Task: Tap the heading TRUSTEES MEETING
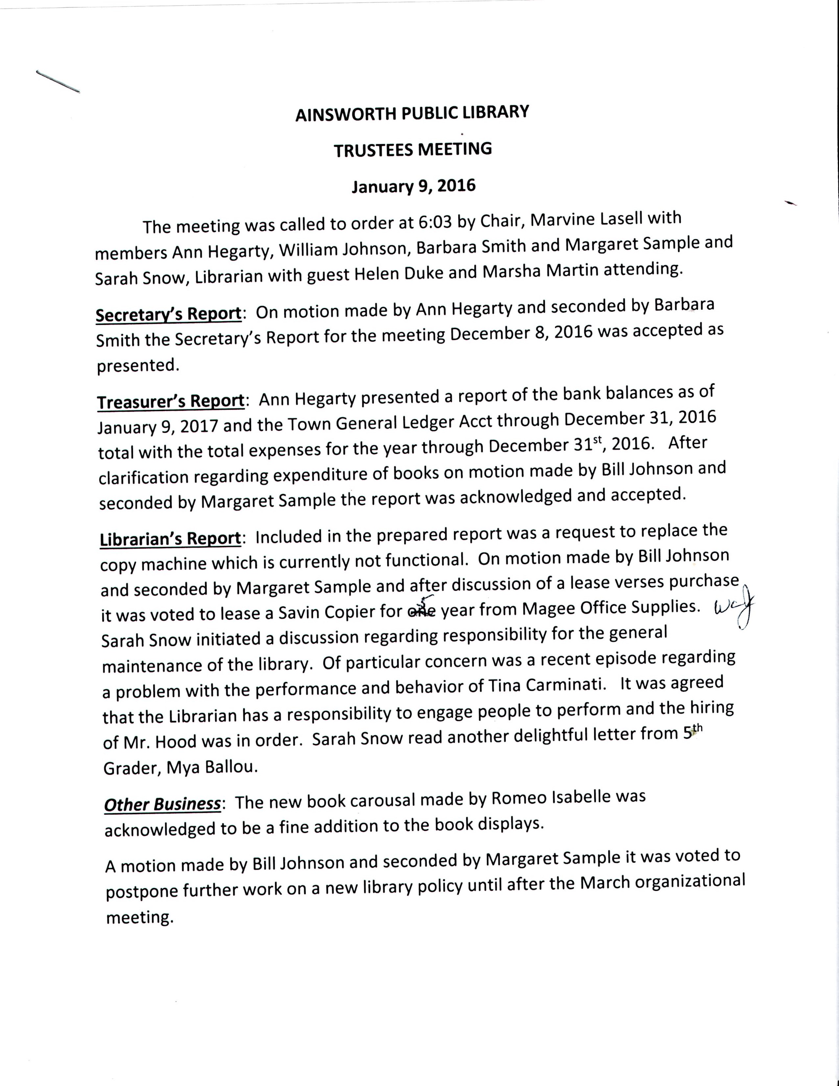(413, 149)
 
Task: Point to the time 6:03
(435, 222)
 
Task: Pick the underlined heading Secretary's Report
(168, 315)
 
